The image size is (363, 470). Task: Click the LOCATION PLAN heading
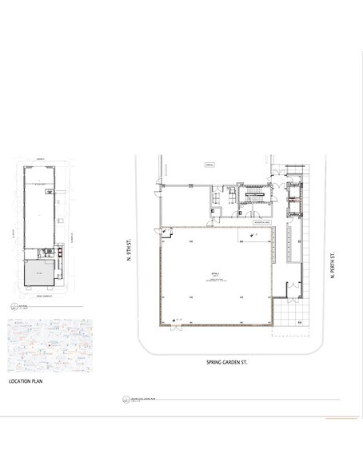point(30,382)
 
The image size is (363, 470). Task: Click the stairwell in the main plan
point(255,197)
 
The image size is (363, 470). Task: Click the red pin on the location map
point(50,345)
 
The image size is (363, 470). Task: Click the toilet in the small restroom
point(215,210)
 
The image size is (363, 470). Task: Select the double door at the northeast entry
point(276,169)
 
